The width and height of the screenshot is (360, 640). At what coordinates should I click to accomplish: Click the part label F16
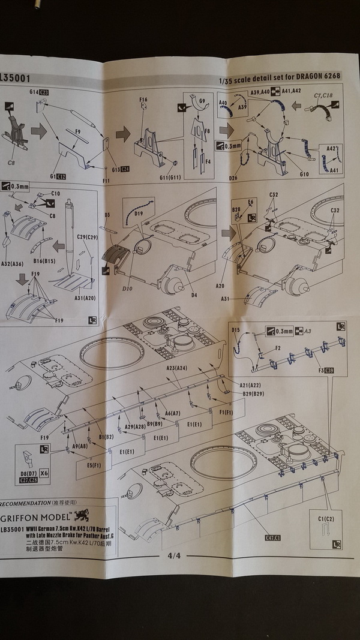[x=143, y=100]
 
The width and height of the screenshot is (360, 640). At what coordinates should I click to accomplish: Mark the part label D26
[x=233, y=177]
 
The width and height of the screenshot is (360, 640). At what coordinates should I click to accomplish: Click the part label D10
[x=127, y=289]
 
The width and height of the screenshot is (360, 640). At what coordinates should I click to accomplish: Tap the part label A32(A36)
[x=11, y=263]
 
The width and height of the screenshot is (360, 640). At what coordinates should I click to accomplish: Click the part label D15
[x=236, y=330]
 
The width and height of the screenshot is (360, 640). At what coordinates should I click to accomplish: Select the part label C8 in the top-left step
[x=11, y=163]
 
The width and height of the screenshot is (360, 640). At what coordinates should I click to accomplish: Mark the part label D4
[x=194, y=294]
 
